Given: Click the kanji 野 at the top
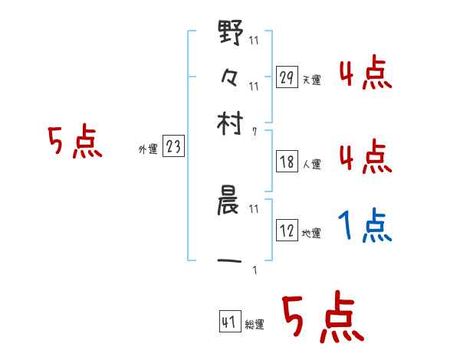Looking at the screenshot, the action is (231, 35).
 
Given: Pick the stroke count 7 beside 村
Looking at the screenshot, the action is (254, 132).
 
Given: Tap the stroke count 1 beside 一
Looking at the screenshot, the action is (254, 270).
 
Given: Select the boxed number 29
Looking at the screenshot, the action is (287, 77).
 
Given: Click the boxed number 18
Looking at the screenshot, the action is (287, 162).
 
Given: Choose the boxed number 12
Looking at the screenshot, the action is (287, 231).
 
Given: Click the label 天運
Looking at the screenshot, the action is (312, 80).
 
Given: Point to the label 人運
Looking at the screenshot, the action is (312, 164).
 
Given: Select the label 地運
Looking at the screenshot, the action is (312, 233).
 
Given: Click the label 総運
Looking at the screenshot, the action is (255, 325).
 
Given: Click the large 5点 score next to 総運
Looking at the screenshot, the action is (322, 318).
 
